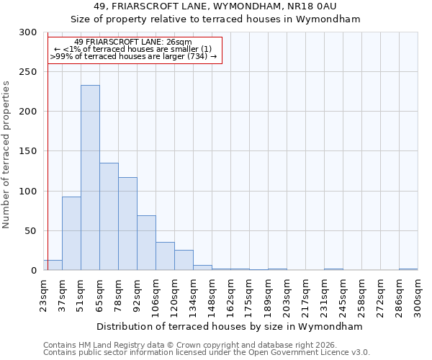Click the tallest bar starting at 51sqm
90,178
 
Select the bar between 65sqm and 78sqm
109,217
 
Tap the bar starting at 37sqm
71,233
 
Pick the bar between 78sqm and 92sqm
127,224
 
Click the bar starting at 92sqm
146,243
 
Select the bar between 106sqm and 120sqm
165,256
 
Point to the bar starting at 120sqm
184,260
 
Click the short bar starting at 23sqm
53,265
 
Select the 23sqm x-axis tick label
43,295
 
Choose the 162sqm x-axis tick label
230,295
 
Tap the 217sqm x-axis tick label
305,295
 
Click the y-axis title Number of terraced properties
6,155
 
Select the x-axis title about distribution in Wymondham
230,326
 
